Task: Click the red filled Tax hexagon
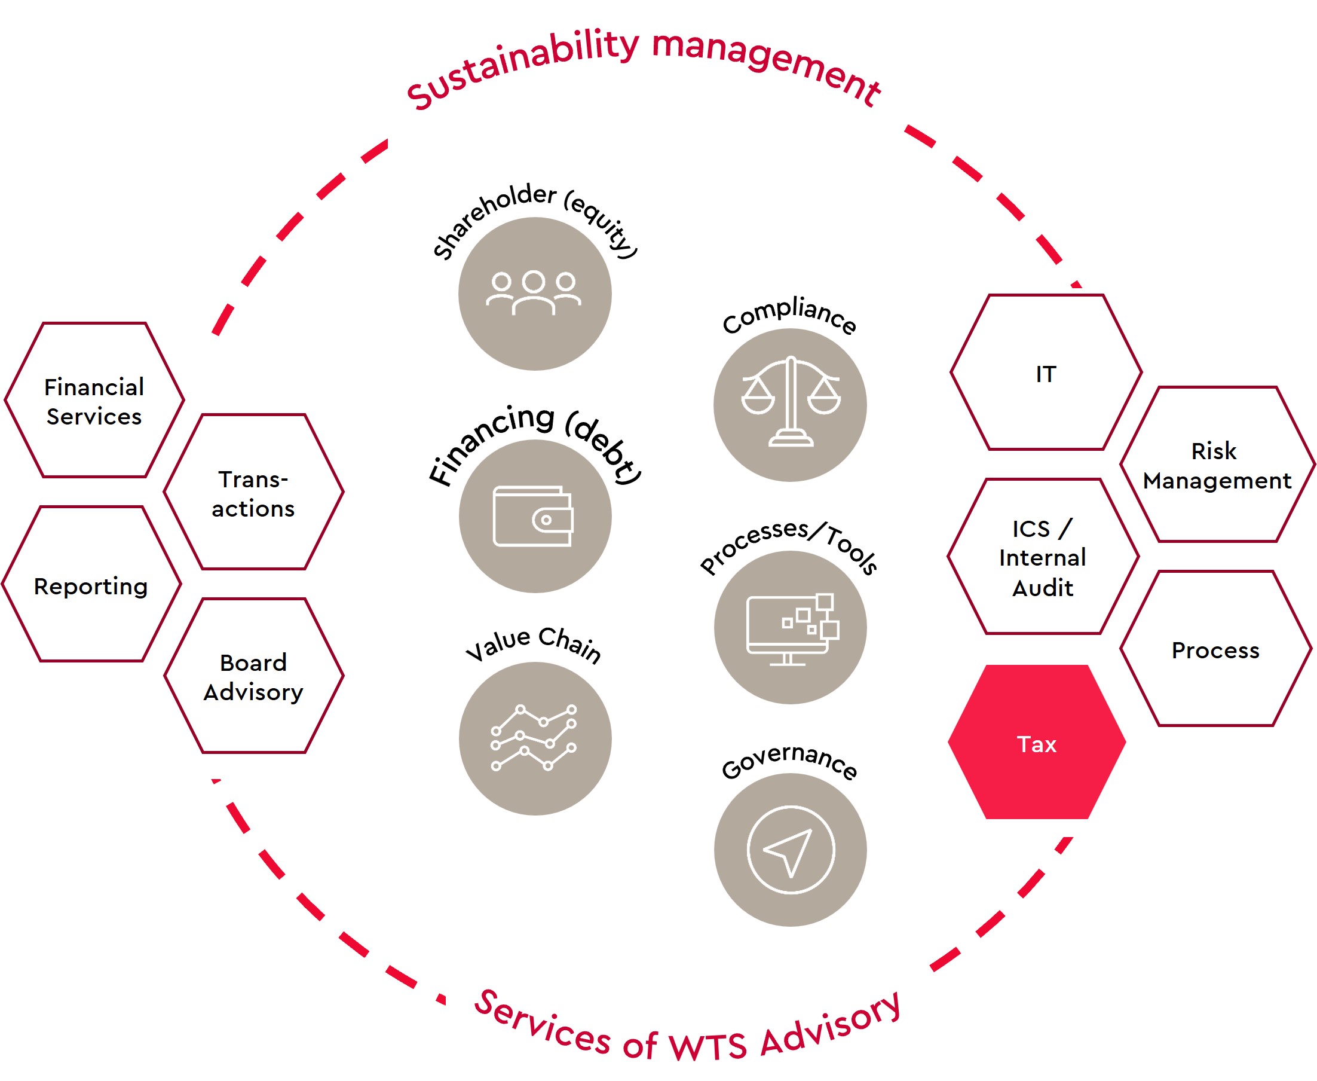1036,742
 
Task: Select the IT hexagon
1046,372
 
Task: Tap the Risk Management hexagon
1217,465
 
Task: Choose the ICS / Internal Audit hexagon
1043,557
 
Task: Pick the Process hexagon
1215,649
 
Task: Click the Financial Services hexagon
94,401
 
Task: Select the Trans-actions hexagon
253,492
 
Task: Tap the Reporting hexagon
91,585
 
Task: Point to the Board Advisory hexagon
253,676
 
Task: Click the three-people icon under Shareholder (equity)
534,292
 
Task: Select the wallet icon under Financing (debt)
534,516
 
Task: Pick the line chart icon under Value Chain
534,738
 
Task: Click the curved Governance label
789,761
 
